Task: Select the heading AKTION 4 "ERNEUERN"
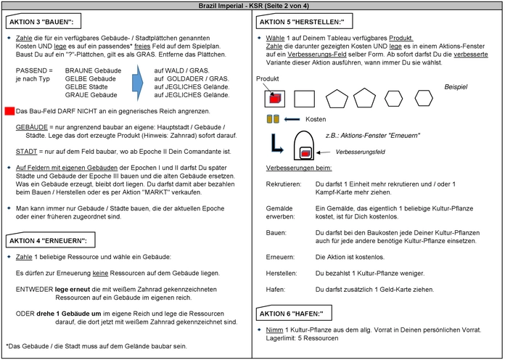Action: click(48, 240)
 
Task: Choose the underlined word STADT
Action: click(27, 151)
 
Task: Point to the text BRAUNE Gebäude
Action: click(89, 70)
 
